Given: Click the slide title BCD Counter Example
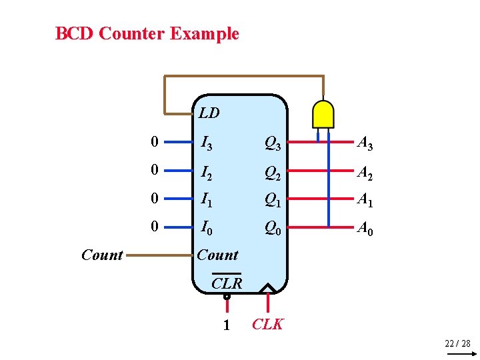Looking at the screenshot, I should click(x=147, y=33).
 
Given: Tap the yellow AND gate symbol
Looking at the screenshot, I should click(x=323, y=114).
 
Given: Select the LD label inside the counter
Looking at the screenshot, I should click(x=209, y=113).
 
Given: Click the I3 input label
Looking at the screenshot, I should click(x=208, y=143).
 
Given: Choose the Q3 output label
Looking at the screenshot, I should click(x=272, y=143).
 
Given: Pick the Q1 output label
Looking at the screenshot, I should click(x=272, y=199).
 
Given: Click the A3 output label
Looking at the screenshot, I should click(x=365, y=143).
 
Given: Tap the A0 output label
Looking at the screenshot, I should click(x=365, y=228).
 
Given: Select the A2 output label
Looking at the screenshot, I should click(x=365, y=171).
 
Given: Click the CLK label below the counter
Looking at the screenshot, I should click(x=267, y=325).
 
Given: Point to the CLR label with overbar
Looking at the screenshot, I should click(x=227, y=283).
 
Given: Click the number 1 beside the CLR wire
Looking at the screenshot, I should click(x=227, y=325).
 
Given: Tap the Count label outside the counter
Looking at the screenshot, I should click(x=102, y=255).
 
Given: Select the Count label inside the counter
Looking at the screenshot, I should click(x=217, y=255).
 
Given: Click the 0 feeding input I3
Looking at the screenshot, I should click(x=155, y=142).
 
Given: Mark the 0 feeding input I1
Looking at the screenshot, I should click(x=155, y=199).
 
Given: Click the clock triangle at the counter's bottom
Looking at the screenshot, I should click(x=268, y=288).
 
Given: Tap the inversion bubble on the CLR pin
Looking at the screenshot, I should click(x=227, y=295).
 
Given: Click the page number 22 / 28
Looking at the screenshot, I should click(x=457, y=343).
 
